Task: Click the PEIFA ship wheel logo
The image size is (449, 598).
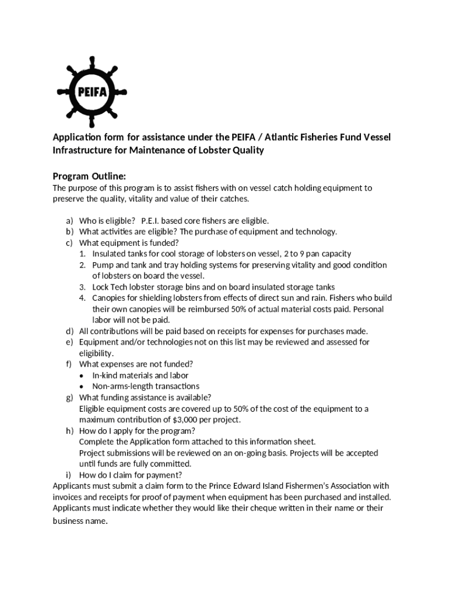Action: pyautogui.click(x=92, y=92)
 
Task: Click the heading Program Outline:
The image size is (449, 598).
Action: pyautogui.click(x=89, y=176)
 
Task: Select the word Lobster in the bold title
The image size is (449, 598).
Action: pyautogui.click(x=214, y=151)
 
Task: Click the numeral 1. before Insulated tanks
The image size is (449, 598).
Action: pyautogui.click(x=83, y=254)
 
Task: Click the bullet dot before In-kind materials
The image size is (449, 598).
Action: pyautogui.click(x=83, y=376)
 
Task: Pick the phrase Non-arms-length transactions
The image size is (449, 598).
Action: pyautogui.click(x=146, y=387)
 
